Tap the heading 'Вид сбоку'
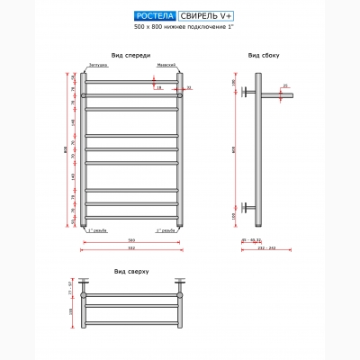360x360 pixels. point(264,55)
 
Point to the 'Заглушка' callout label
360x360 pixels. point(98,66)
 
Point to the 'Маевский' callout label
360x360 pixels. point(166,66)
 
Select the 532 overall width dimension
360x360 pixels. point(131,248)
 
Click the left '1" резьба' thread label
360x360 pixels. point(98,230)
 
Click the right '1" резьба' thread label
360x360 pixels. point(165,230)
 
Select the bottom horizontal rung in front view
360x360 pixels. point(131,218)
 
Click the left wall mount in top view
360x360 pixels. point(84,292)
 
